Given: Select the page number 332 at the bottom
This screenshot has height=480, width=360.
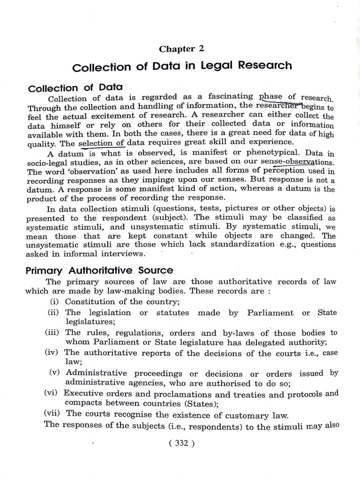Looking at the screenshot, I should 180,444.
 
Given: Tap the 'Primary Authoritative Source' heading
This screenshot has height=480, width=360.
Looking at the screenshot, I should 100,270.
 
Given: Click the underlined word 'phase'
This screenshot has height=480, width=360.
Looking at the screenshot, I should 270,97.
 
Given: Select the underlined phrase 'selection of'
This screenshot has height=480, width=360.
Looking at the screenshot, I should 101,143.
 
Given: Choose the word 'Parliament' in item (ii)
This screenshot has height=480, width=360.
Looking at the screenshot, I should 269,313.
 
